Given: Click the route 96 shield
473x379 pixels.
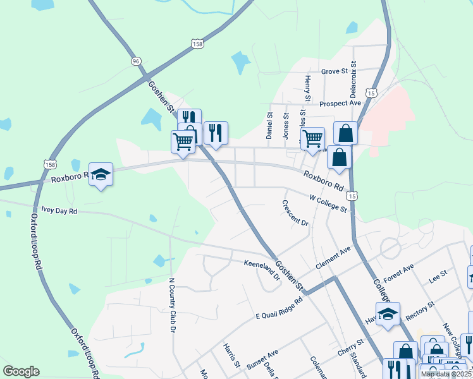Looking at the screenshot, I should [x=135, y=61].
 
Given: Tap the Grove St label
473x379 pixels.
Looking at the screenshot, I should [x=335, y=71].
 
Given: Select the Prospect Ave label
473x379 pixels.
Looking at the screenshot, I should [x=340, y=103].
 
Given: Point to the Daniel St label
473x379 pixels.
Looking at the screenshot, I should [x=269, y=126].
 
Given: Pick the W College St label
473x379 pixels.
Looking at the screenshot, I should [x=328, y=203].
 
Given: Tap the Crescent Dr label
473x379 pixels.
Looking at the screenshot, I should [x=295, y=214].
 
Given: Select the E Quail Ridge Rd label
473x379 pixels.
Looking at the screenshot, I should [x=279, y=305].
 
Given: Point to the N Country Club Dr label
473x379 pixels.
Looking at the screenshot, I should [x=171, y=304].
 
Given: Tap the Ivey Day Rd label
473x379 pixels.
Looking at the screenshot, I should [x=59, y=211].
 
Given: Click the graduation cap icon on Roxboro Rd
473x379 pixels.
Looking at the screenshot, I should [x=101, y=174].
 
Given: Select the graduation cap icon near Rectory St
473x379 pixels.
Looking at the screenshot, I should [x=388, y=313].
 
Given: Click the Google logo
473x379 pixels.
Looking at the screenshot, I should [x=21, y=371].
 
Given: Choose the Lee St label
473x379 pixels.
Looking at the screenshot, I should [x=438, y=276].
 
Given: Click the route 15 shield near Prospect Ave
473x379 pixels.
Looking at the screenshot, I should [x=371, y=93].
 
